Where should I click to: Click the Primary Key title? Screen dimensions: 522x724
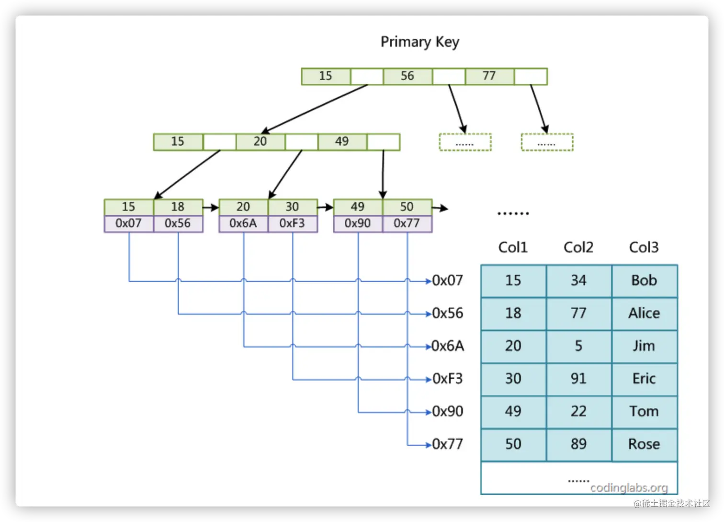[419, 42]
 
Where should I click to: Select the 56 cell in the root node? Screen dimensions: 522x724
[407, 76]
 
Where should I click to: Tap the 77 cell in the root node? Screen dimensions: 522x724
[489, 76]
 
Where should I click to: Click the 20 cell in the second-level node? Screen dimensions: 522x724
[260, 142]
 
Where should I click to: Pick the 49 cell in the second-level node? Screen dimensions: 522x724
[342, 142]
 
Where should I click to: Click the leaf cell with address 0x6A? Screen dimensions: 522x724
[243, 224]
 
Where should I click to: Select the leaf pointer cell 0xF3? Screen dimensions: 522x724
[292, 224]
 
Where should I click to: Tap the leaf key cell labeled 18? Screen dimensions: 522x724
[178, 207]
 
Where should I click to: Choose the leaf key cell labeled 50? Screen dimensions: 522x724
[407, 207]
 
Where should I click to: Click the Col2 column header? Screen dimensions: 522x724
[578, 247]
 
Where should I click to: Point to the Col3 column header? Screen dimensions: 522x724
[644, 247]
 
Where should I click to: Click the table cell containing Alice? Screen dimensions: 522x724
[644, 313]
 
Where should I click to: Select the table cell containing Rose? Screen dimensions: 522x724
[644, 444]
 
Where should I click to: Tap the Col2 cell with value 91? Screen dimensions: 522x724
[578, 379]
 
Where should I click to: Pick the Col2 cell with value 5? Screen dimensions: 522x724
[578, 346]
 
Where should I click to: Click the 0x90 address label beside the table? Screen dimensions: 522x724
[448, 411]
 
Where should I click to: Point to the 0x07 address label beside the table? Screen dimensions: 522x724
[448, 280]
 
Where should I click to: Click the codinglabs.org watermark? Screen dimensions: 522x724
[629, 488]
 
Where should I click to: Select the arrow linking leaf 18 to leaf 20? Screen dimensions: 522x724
[211, 208]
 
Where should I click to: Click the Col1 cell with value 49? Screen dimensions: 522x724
[513, 411]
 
